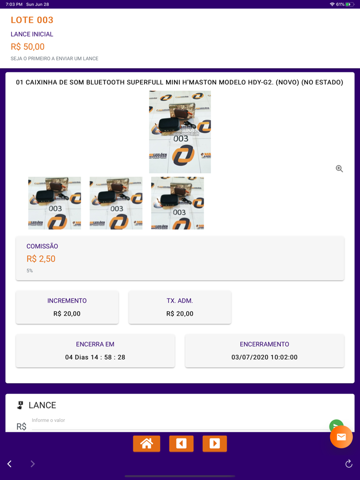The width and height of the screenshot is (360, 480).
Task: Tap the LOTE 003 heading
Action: pos(32,20)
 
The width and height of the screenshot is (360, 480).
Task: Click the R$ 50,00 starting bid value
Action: pos(28,47)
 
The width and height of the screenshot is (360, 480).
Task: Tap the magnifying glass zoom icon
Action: pos(339,169)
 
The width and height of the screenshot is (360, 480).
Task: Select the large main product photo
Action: pos(180,132)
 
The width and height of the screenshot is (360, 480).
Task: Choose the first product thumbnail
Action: pos(55,203)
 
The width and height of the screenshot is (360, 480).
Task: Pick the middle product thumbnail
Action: pos(116,203)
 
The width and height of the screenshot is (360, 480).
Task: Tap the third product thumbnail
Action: pos(177,203)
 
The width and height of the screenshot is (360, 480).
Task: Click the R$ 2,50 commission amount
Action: pos(41,259)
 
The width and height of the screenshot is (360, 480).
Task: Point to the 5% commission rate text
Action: pos(30,271)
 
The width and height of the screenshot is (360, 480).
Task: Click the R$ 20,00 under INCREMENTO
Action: pos(67,313)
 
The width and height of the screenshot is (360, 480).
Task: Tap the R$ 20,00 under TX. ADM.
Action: pos(180,313)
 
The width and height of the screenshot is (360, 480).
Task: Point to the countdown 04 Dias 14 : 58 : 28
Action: pos(95,357)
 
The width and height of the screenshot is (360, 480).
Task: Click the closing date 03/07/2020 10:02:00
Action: pos(264,357)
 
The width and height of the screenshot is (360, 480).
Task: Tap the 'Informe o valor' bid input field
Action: pos(175,424)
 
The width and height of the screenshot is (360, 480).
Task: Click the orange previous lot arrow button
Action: pos(181,444)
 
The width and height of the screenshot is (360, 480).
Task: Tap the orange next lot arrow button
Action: pos(214,444)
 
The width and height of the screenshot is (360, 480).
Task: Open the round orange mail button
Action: pos(341,437)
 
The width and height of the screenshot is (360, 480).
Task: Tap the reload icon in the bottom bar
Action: pos(349,464)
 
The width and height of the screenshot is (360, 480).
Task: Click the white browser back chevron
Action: pos(10,464)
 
